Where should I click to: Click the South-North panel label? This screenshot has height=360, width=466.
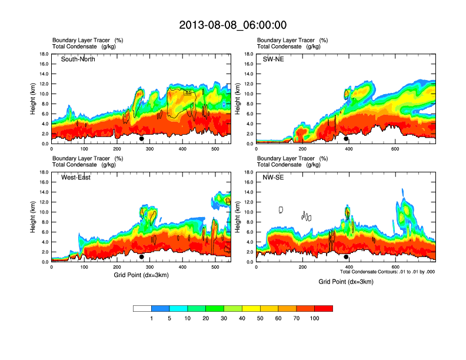click(x=78, y=59)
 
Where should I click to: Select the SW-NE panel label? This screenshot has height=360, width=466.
click(x=273, y=59)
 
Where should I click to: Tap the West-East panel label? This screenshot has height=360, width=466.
click(x=75, y=178)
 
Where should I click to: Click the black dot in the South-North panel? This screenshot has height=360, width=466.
click(x=141, y=139)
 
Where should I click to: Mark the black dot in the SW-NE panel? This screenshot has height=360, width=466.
click(x=346, y=139)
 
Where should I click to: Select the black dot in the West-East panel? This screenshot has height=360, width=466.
click(x=141, y=257)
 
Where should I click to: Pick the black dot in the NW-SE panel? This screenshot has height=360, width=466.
click(x=346, y=257)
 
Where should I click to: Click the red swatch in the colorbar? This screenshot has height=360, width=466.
click(x=324, y=308)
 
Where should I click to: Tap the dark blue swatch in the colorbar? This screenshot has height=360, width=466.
click(x=161, y=308)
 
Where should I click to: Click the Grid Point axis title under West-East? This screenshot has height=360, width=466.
click(x=141, y=275)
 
